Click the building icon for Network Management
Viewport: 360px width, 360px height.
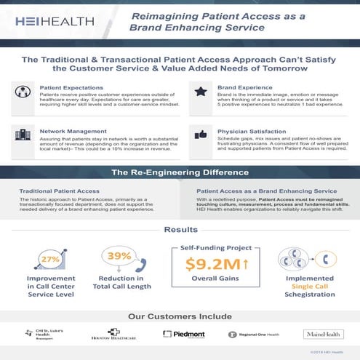(24, 135)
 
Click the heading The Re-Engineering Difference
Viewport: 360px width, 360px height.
(180, 173)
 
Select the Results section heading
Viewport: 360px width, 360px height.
(180, 230)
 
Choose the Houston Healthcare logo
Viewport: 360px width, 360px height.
(113, 335)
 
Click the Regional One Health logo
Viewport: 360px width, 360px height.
(252, 335)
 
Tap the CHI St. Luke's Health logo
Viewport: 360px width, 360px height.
(42, 335)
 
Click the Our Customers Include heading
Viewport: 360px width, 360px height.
(180, 316)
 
